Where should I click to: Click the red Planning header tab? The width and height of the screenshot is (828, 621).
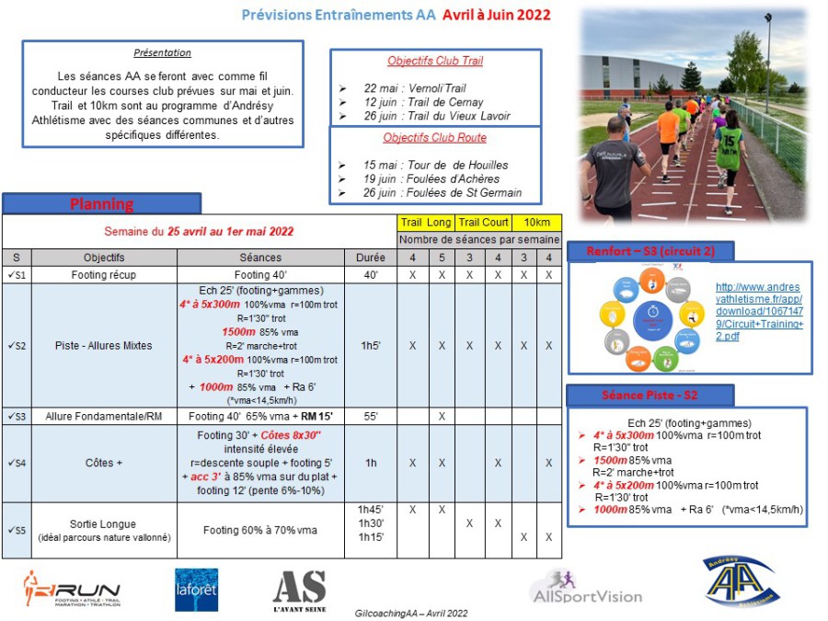click(101, 203)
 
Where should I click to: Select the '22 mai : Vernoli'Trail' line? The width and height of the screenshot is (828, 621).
click(416, 88)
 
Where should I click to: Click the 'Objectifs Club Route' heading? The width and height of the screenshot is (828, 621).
click(434, 138)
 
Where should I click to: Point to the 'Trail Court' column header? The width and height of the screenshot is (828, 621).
click(484, 223)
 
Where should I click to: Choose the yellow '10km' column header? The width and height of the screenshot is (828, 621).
click(536, 223)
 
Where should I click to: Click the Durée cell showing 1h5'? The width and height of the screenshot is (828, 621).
click(371, 346)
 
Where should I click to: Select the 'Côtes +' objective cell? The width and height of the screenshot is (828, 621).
click(103, 463)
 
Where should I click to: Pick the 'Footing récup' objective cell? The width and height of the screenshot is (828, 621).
click(103, 274)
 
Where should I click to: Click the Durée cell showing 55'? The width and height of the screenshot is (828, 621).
click(371, 417)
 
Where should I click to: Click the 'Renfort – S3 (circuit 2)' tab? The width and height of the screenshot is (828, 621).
click(650, 251)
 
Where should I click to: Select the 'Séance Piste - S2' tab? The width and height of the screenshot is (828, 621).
click(650, 396)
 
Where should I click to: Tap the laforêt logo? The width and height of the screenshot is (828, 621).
click(196, 590)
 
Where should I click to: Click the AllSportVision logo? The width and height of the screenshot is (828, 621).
click(586, 587)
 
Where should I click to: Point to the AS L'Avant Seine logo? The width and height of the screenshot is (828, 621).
click(299, 592)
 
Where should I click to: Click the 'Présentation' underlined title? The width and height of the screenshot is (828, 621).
click(163, 53)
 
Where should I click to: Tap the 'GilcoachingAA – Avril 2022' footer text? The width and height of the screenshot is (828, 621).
click(411, 613)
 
